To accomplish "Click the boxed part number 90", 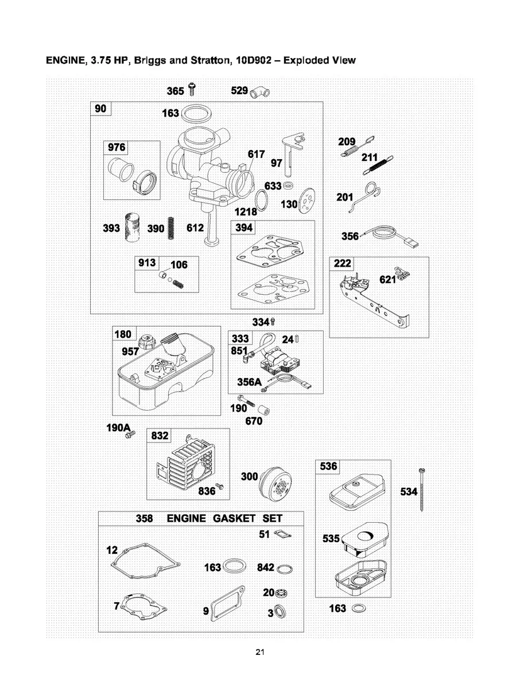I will (100, 109).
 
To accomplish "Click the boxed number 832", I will (158, 437).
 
